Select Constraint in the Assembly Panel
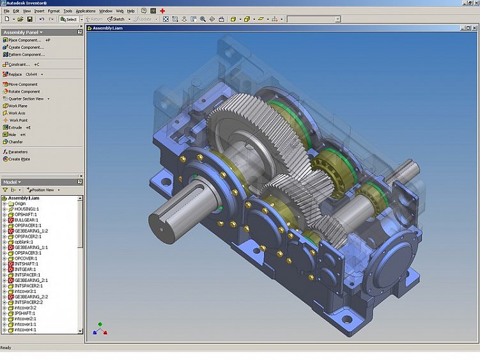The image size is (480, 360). coord(19,65)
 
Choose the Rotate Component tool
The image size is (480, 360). coord(24,91)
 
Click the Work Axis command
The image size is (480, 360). coord(17,113)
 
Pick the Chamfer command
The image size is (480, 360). coord(16,142)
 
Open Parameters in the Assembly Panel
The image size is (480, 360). coord(19,152)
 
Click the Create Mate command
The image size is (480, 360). coord(19,159)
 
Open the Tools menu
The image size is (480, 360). coord(68,11)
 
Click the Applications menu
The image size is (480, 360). coord(85,11)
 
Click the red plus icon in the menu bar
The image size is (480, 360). coord(162,11)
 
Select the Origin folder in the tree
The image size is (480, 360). coord(20,203)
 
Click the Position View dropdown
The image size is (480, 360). coord(47,190)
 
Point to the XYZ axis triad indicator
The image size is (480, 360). coord(100,329)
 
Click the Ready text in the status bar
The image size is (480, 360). coord(6,348)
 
